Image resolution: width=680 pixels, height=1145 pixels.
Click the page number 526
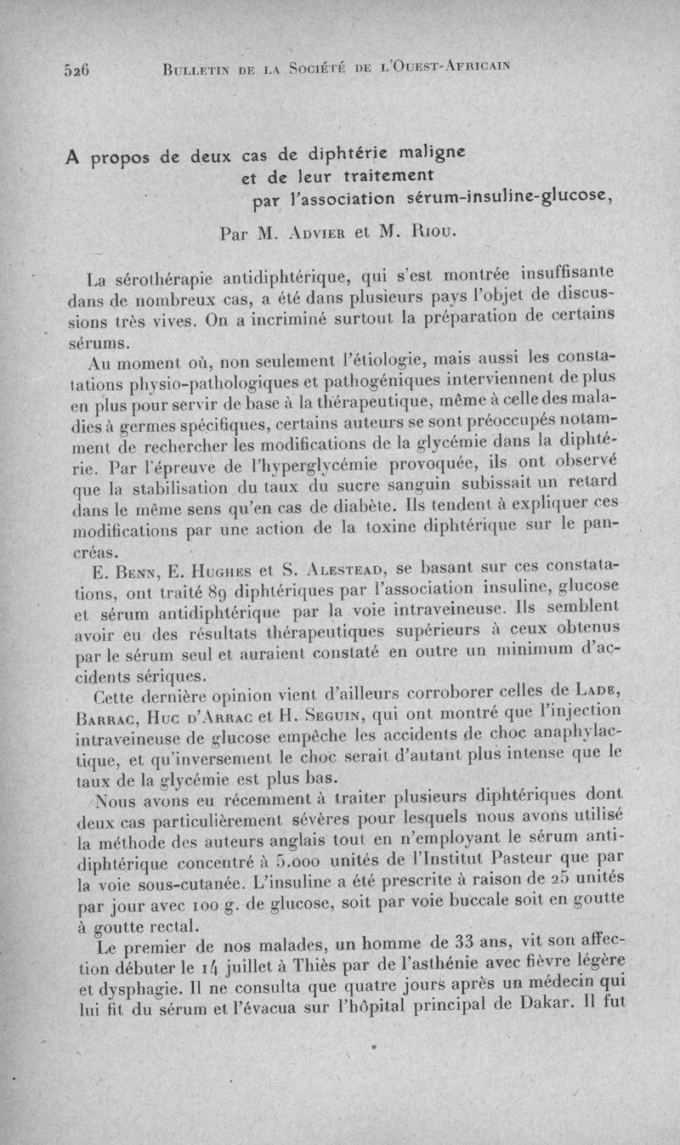pyautogui.click(x=76, y=71)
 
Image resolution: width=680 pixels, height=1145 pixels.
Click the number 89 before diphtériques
pyautogui.click(x=219, y=587)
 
